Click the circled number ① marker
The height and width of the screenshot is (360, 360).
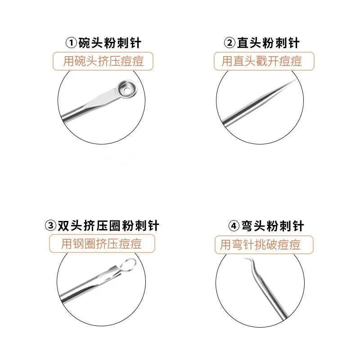(72, 43)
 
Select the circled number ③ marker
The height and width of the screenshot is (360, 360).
(50, 225)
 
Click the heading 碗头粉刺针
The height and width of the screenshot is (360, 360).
(109, 43)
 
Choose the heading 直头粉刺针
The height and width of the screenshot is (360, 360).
(268, 43)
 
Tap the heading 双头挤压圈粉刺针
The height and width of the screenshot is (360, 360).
(108, 225)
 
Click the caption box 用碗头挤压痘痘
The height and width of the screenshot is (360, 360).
(103, 61)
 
